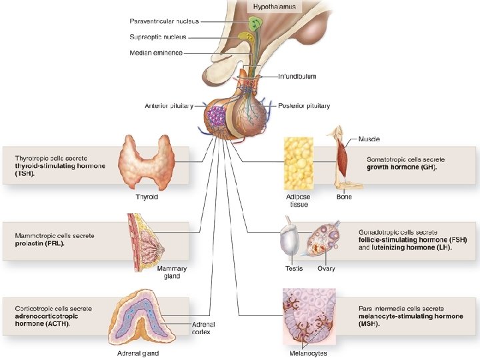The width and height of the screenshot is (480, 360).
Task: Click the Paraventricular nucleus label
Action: pyautogui.click(x=164, y=22)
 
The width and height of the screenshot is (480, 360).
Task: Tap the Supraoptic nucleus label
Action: pyautogui.click(x=158, y=37)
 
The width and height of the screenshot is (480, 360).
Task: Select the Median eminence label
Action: pyautogui.click(x=156, y=53)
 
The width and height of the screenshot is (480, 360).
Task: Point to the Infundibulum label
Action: pyautogui.click(x=297, y=77)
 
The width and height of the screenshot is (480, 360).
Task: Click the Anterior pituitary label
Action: pyautogui.click(x=169, y=105)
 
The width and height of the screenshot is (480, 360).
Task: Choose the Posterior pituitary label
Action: pyautogui.click(x=304, y=105)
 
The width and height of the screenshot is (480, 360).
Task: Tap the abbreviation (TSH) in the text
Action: pyautogui.click(x=24, y=173)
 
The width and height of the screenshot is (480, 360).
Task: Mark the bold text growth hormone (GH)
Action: pyautogui.click(x=401, y=167)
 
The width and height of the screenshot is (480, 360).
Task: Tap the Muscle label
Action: pyautogui.click(x=369, y=139)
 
